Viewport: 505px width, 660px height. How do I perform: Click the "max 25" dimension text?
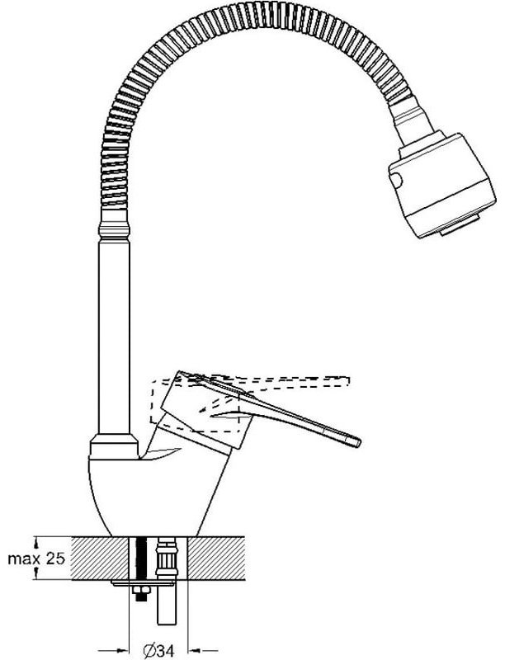[x=36, y=559]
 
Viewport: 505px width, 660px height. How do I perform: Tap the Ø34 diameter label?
[x=158, y=651]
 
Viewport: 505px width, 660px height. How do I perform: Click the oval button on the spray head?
[x=396, y=180]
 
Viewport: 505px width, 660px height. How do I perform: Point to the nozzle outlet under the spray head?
[x=460, y=225]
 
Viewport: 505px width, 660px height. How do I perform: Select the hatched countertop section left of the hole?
[x=99, y=559]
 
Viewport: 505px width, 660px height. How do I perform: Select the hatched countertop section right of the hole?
[x=216, y=559]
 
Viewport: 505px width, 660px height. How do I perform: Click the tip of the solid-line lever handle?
[x=360, y=443]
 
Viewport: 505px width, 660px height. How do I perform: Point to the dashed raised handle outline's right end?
[x=349, y=380]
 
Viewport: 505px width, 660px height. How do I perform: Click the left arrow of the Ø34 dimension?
[x=114, y=651]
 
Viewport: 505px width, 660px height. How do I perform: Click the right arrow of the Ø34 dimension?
[x=202, y=651]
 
